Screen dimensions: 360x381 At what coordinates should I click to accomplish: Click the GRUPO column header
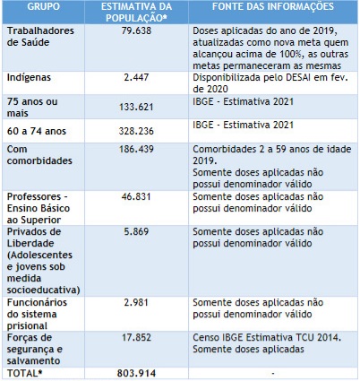click(44, 6)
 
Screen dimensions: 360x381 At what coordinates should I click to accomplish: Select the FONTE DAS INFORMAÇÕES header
click(273, 6)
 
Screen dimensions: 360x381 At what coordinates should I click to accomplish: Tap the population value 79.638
click(136, 30)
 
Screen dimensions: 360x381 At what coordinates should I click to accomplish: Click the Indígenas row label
click(29, 77)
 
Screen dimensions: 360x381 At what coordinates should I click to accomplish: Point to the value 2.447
click(136, 77)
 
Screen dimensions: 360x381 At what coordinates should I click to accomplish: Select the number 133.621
click(136, 107)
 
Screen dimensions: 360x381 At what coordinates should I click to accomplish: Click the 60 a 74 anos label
click(37, 131)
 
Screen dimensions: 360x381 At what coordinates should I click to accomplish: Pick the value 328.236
click(136, 131)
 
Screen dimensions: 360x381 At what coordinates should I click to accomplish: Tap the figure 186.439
click(136, 149)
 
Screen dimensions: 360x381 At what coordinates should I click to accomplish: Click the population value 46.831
click(136, 196)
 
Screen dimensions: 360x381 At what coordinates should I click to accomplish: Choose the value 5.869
click(136, 231)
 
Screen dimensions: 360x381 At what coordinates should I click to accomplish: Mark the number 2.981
click(136, 302)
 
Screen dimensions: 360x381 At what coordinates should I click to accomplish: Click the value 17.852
click(136, 337)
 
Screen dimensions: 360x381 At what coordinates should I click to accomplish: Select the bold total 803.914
click(136, 373)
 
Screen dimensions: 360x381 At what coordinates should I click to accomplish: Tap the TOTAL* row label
click(27, 373)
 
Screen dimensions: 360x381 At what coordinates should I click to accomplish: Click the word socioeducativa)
click(43, 290)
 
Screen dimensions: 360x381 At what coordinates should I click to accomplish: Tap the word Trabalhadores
click(40, 30)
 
